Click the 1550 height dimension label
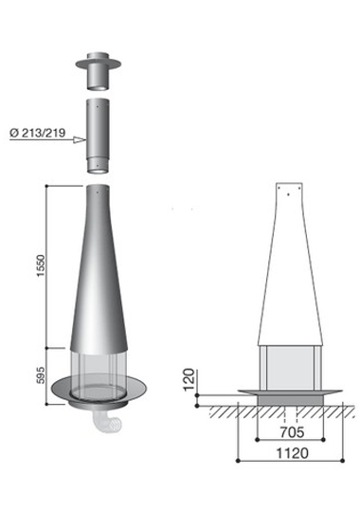(41, 265)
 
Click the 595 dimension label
(41, 375)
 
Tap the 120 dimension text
(189, 379)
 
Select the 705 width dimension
(292, 432)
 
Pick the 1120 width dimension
(292, 453)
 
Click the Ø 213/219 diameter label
(38, 133)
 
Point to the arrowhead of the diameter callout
(80, 139)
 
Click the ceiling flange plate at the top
(99, 64)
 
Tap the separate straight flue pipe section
(98, 136)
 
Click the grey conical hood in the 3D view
(99, 270)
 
